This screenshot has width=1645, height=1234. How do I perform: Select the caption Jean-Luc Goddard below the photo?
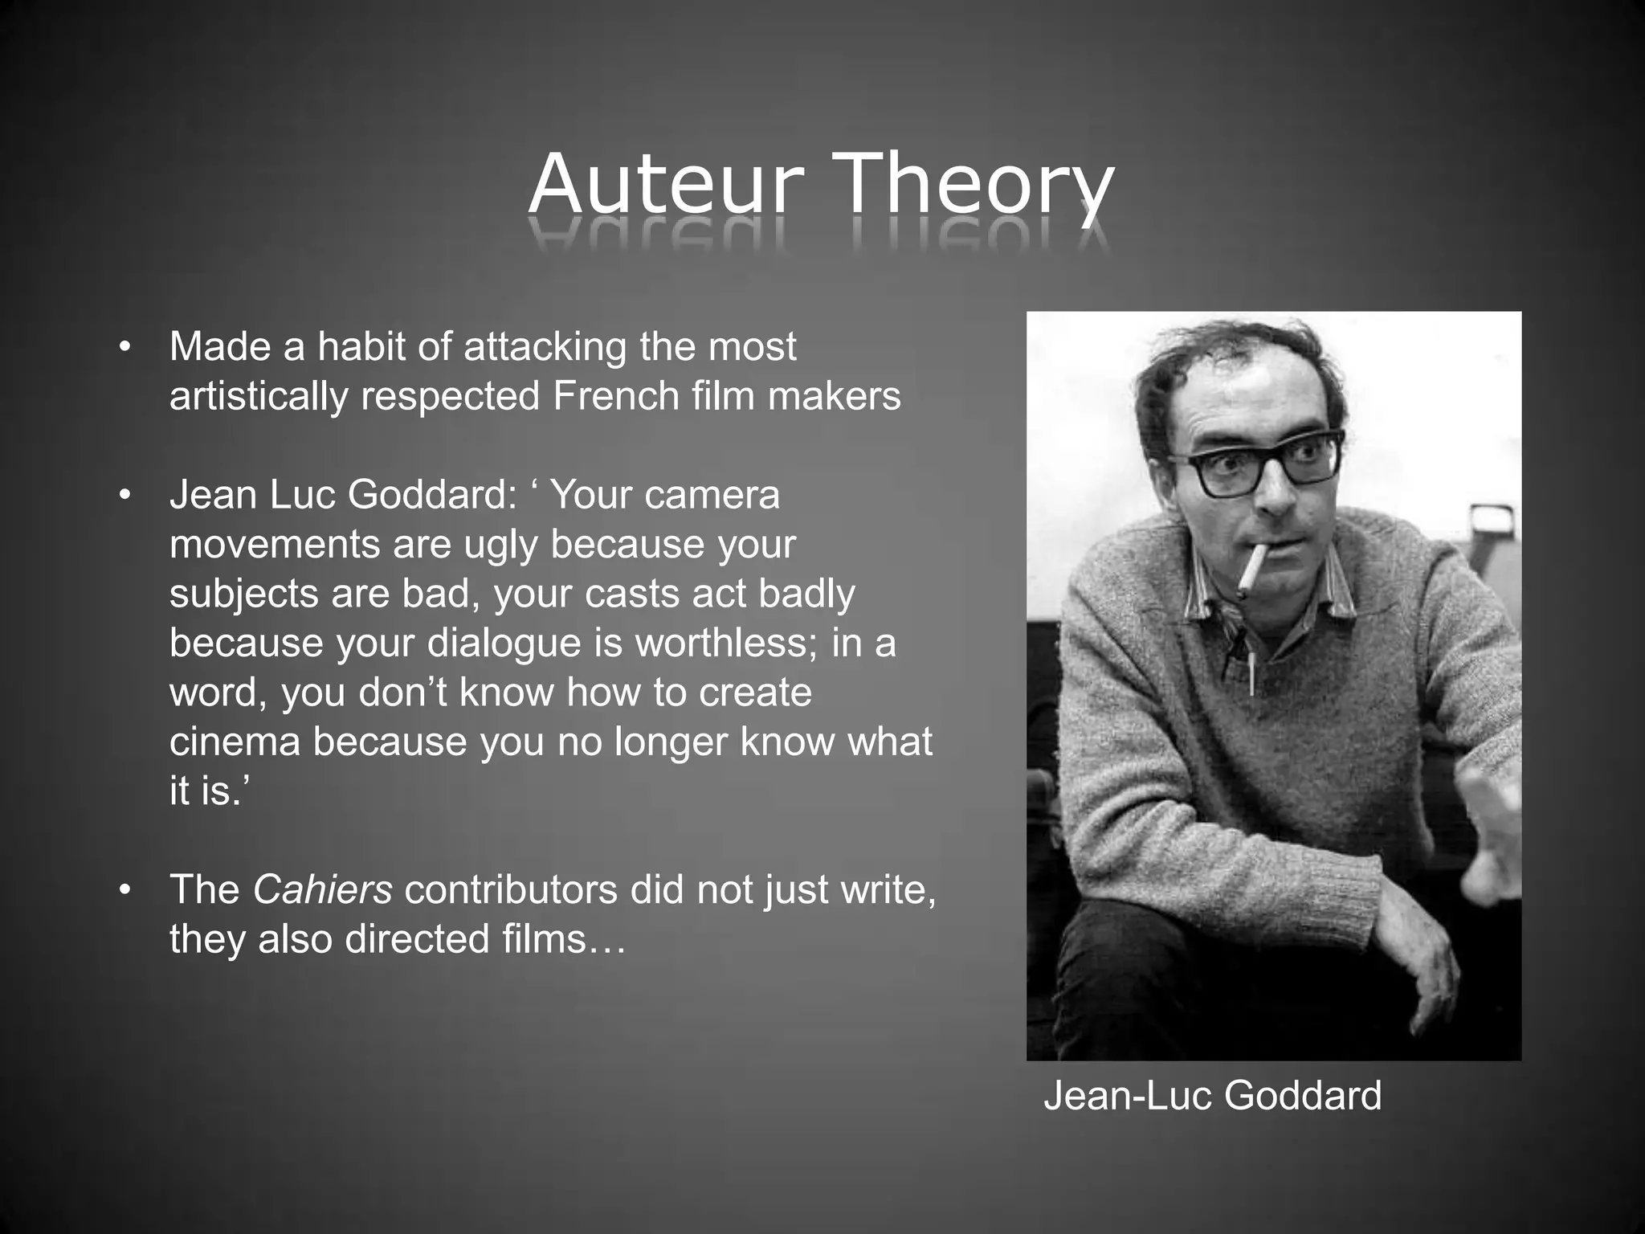point(1212,1096)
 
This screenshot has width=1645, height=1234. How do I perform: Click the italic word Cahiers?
point(322,889)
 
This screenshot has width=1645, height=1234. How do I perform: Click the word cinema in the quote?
point(235,742)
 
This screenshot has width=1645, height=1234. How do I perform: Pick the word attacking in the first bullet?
point(545,346)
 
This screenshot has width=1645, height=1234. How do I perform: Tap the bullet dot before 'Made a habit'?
point(123,348)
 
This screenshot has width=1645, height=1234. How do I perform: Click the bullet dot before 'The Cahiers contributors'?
point(123,890)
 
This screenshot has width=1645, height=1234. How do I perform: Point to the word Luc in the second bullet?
point(299,494)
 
